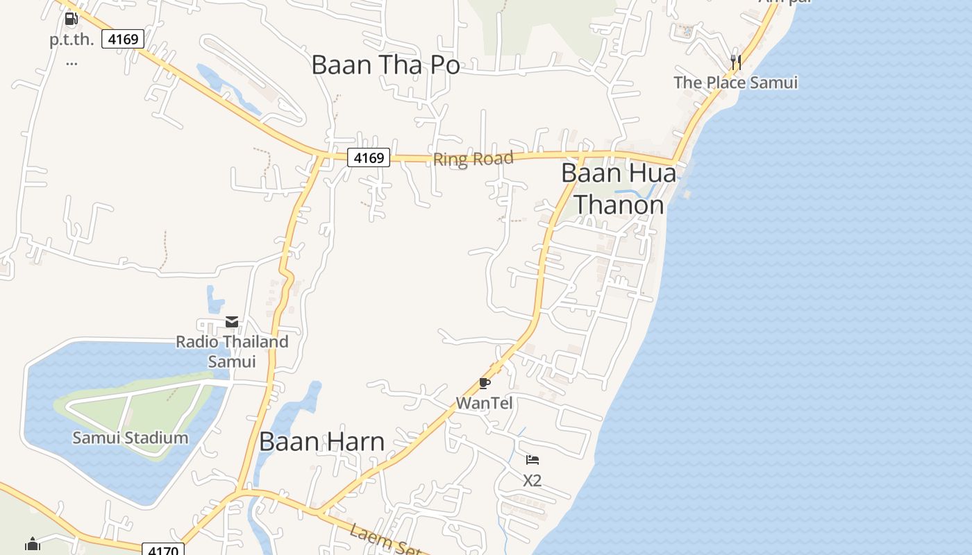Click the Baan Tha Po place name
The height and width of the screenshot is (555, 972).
point(385,65)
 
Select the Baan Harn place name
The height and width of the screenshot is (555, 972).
point(321,442)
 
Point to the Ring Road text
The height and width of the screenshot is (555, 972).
point(473,159)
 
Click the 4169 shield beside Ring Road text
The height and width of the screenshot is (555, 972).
point(369,157)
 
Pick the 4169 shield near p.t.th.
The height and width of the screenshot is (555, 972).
point(123,39)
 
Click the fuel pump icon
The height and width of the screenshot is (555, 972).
point(71,19)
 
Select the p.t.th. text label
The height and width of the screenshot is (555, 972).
point(72,40)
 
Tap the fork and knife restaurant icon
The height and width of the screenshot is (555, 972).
point(736,62)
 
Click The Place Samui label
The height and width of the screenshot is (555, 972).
point(735,83)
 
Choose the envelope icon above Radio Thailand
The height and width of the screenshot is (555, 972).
point(232,322)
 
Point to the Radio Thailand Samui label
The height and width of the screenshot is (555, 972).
point(232,351)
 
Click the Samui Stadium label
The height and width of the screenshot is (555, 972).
point(131,438)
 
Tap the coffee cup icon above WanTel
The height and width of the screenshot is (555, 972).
point(485,383)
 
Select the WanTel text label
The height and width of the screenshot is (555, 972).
point(484,402)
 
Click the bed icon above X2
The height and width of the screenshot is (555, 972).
point(533,460)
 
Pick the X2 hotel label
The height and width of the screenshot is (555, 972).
point(532,480)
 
